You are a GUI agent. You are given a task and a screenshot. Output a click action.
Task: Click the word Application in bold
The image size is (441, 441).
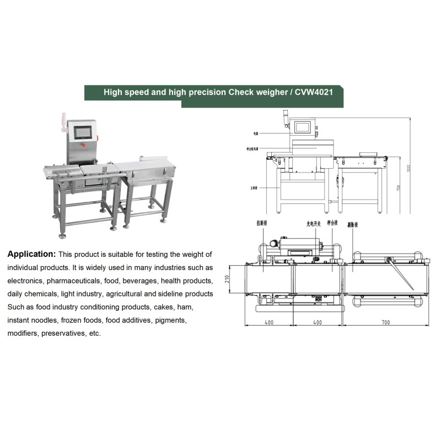31,255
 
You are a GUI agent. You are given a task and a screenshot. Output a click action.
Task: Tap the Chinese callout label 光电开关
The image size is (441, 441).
314,224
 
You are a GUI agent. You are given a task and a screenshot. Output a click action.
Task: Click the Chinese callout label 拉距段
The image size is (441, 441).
261,224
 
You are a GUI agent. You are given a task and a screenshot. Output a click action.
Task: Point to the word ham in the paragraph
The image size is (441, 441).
185,307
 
